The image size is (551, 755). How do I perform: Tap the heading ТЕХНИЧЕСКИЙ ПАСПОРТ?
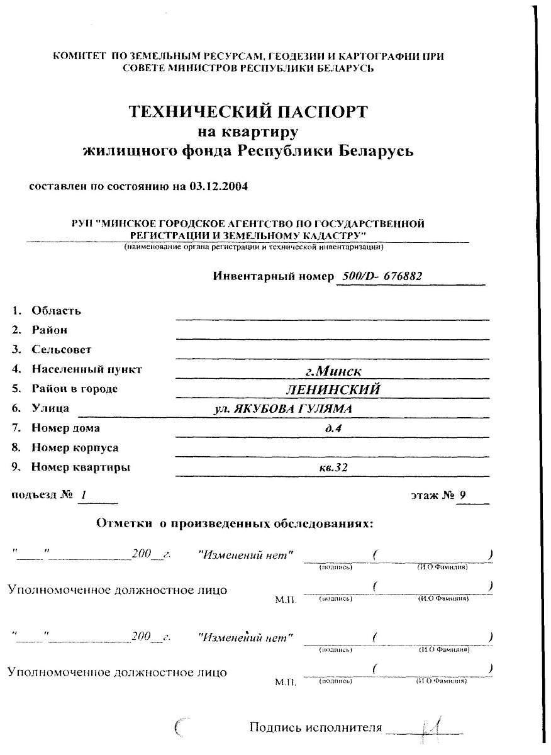(x=248, y=112)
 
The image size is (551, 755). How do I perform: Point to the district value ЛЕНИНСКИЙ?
(x=333, y=389)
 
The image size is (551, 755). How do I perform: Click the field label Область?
(x=56, y=311)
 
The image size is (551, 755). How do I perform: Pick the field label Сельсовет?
(x=61, y=349)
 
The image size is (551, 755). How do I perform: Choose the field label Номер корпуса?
(x=75, y=448)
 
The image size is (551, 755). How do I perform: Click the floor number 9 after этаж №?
(x=463, y=495)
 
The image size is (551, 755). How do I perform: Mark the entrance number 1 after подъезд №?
(x=83, y=496)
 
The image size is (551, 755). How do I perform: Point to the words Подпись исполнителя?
(x=316, y=728)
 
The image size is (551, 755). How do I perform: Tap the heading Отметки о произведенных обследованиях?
(x=235, y=523)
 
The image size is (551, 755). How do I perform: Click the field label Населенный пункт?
(x=87, y=369)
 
